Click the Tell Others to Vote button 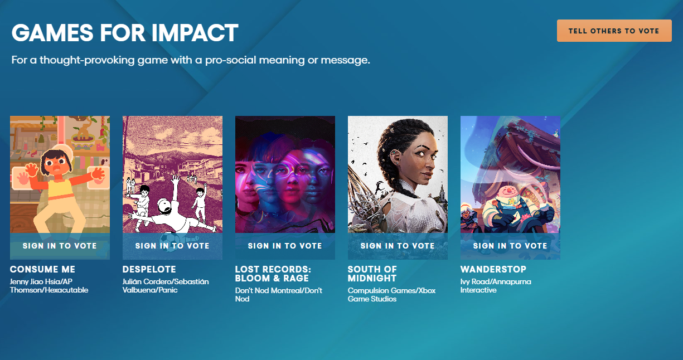point(614,31)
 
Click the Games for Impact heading point(125,33)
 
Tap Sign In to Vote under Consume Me point(60,246)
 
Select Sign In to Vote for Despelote point(172,246)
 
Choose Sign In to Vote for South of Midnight point(398,246)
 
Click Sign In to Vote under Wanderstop point(510,246)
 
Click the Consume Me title point(42,270)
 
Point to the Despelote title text point(149,270)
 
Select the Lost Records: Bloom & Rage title point(273,274)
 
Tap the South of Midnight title point(372,274)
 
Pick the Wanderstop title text point(493,270)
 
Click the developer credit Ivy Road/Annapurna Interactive point(496,286)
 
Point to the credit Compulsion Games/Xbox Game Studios point(391,295)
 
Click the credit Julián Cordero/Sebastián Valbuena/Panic point(166,286)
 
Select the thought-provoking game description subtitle point(191,60)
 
